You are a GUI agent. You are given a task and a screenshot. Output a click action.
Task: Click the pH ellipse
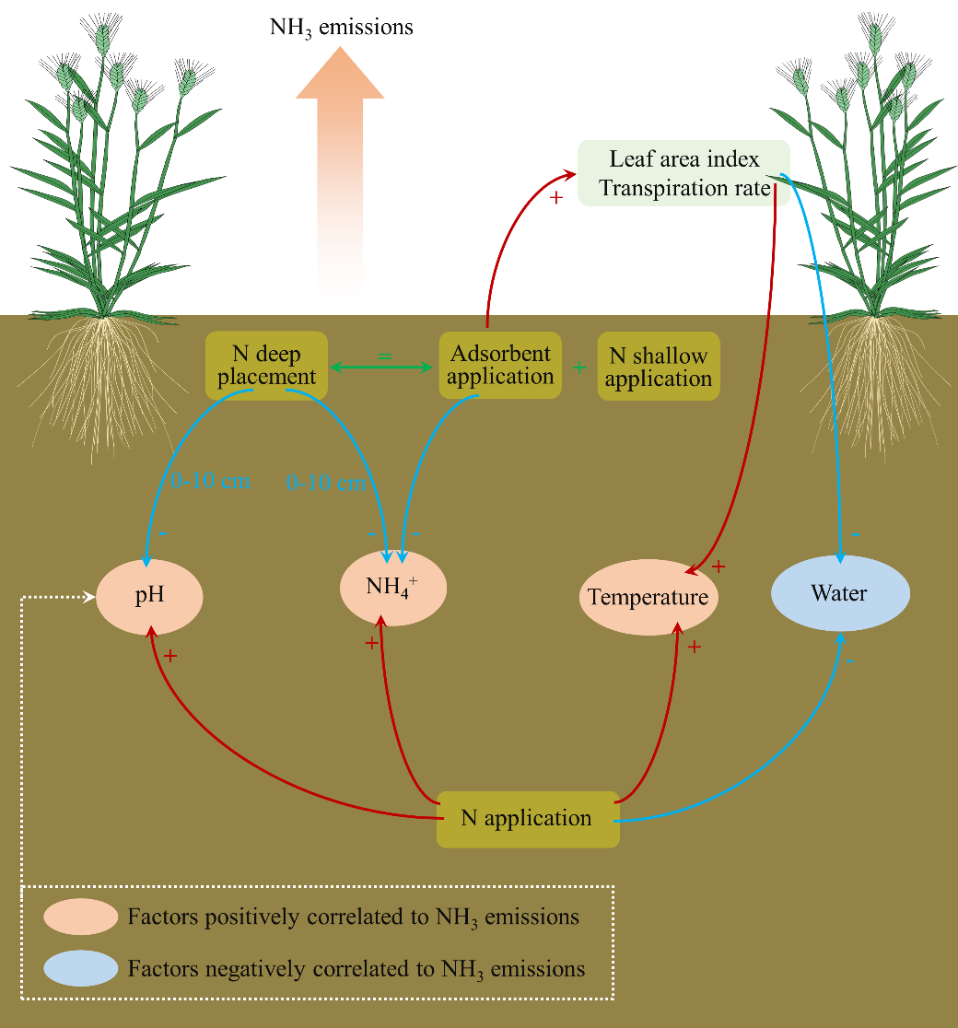pyautogui.click(x=150, y=595)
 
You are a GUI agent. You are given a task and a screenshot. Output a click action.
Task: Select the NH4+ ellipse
pyautogui.click(x=393, y=587)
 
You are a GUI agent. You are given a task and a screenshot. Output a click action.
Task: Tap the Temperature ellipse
pyautogui.click(x=648, y=597)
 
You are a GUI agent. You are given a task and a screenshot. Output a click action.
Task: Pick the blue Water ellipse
pyautogui.click(x=839, y=593)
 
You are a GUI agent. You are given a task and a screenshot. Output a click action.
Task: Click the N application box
pyautogui.click(x=527, y=818)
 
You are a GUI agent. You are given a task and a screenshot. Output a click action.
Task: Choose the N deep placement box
pyautogui.click(x=267, y=366)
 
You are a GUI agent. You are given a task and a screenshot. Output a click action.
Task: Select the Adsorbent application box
pyautogui.click(x=500, y=366)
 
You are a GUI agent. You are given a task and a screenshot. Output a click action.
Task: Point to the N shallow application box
pyautogui.click(x=659, y=367)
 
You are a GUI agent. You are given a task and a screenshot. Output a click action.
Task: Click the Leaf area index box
pyautogui.click(x=683, y=173)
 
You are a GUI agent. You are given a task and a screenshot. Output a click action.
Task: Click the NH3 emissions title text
pyautogui.click(x=341, y=28)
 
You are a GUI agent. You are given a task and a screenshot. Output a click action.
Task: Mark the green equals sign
pyautogui.click(x=386, y=354)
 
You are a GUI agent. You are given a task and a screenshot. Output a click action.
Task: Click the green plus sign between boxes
pyautogui.click(x=579, y=368)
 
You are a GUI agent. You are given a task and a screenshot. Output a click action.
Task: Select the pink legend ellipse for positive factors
pyautogui.click(x=81, y=917)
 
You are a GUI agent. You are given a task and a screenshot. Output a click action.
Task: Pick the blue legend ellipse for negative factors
pyautogui.click(x=81, y=968)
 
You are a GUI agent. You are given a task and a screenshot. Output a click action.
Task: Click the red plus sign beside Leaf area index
pyautogui.click(x=555, y=198)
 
